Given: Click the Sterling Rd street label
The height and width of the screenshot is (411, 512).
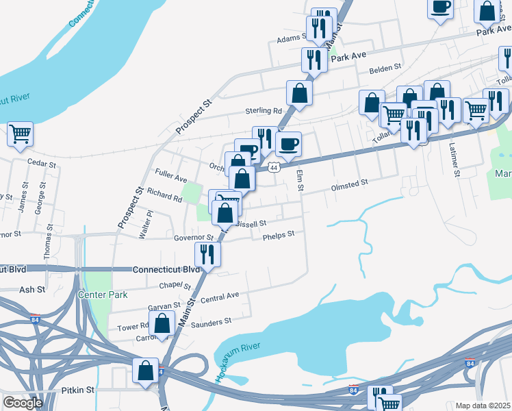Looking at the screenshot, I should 264,111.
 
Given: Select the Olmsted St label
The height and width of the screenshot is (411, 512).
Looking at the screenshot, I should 349,183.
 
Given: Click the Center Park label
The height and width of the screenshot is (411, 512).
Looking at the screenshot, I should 103,295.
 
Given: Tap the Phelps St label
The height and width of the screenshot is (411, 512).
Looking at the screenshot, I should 278,234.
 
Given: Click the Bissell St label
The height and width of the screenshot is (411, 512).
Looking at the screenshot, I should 250,223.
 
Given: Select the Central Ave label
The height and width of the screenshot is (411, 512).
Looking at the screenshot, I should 220,297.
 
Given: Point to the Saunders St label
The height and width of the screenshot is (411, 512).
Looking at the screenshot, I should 212,321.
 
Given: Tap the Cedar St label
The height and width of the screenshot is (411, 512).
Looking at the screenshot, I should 40,162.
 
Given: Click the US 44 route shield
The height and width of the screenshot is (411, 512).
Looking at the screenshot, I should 274,166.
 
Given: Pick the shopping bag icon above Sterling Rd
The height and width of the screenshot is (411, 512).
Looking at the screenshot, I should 299,92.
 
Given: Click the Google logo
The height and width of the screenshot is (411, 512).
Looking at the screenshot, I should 23,403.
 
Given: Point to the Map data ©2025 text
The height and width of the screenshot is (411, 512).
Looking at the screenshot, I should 483,406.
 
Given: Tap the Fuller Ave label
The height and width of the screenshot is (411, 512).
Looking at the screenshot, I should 171,178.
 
